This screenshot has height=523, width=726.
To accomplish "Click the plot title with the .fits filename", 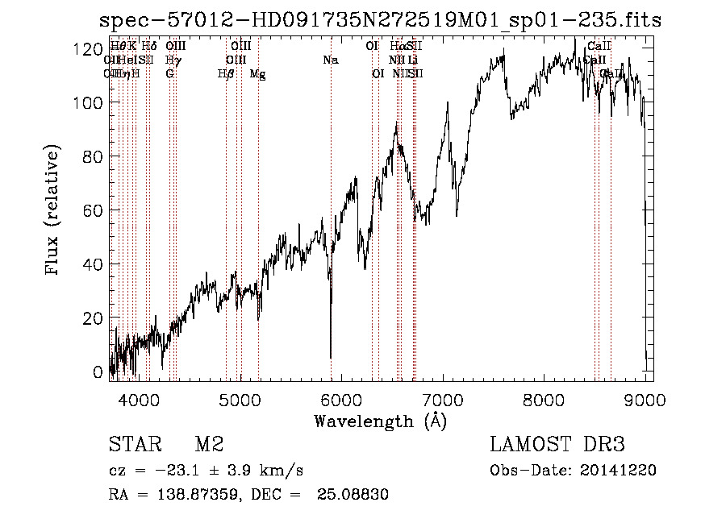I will click(380, 21).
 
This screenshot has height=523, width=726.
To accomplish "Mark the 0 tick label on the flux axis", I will click(98, 372).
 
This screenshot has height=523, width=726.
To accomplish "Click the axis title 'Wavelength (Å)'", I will click(381, 421).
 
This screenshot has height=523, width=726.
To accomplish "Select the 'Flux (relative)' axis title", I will click(53, 211).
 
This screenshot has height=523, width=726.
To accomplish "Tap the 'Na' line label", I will click(330, 60).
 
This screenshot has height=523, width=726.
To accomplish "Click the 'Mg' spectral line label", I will click(257, 74).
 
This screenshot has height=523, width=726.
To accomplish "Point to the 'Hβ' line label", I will click(226, 74).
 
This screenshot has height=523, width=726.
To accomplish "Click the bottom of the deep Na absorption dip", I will click(331, 357).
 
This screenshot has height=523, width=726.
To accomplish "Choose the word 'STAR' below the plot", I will click(134, 445).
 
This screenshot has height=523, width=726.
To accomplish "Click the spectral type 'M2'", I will click(209, 445).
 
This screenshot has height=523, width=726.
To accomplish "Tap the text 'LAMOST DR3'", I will click(557, 445).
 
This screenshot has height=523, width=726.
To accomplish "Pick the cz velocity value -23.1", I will click(165, 471).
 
